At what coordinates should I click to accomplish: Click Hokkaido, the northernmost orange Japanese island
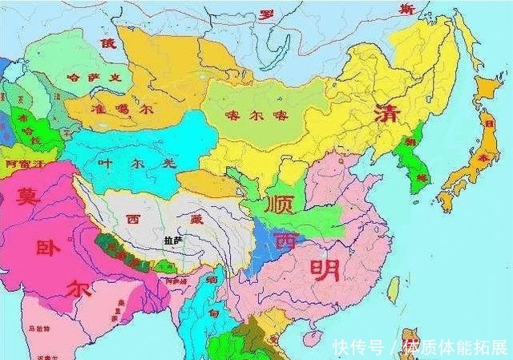coord(487,89)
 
